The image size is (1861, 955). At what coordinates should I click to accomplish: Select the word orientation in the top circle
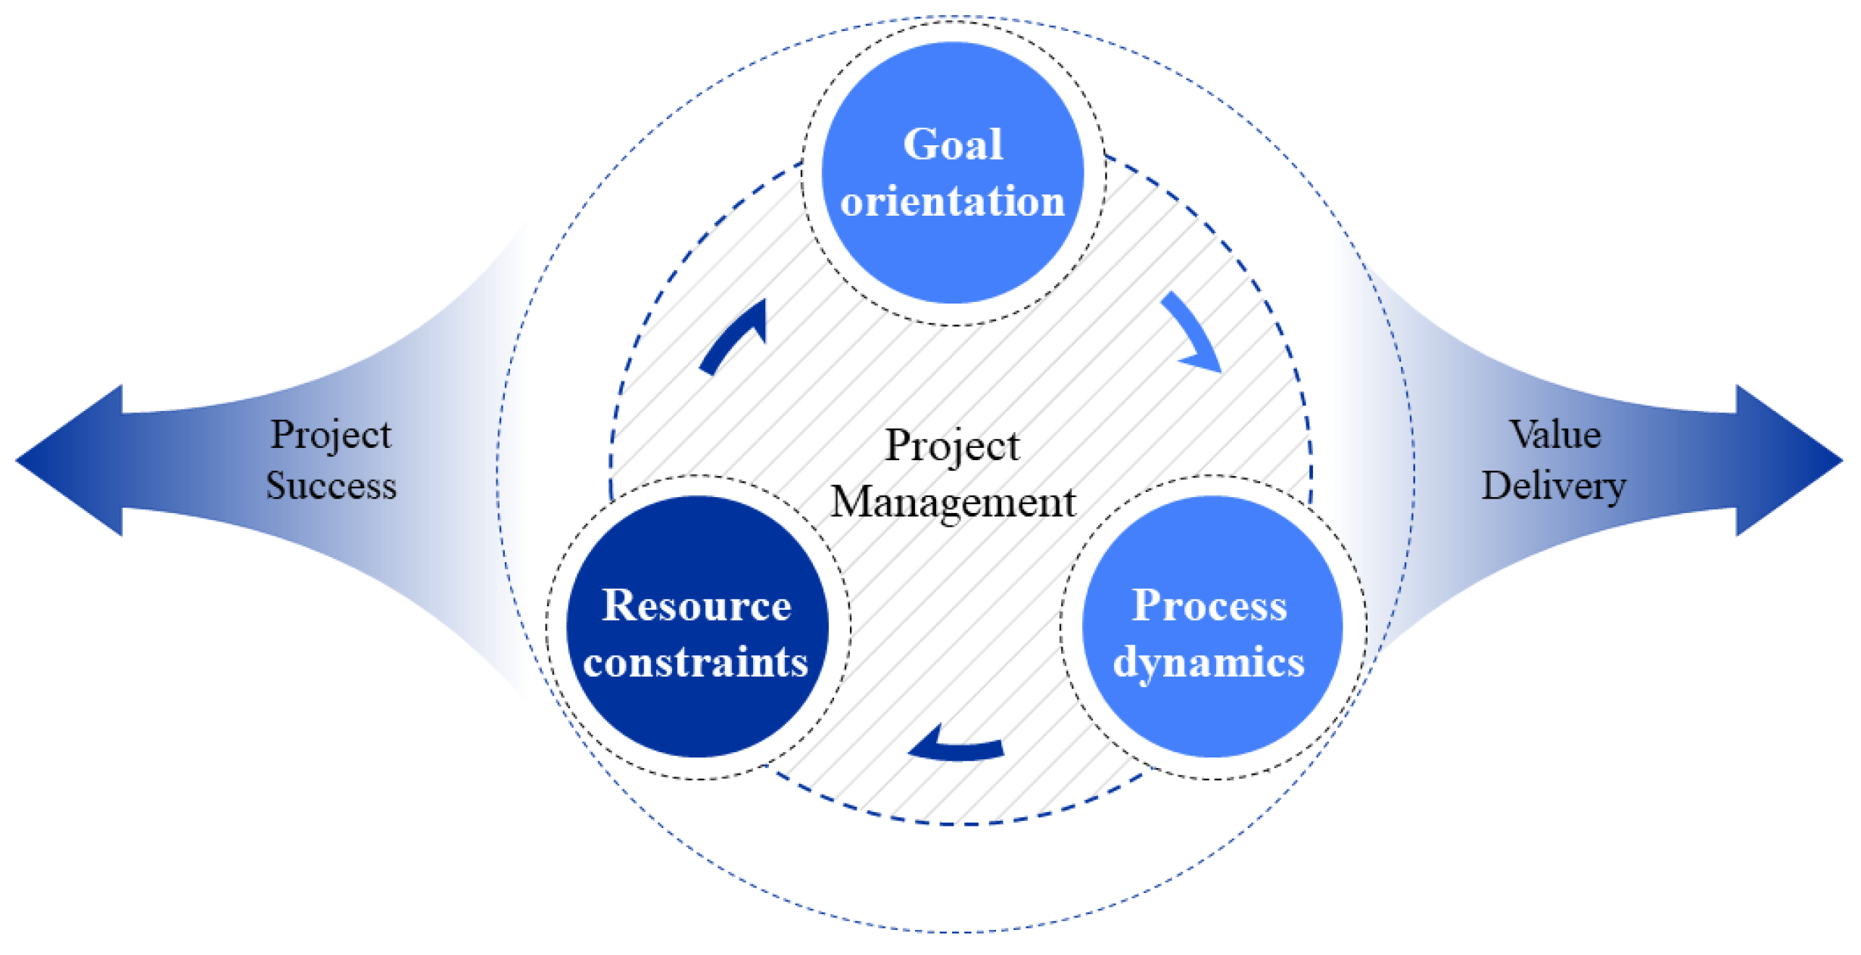(953, 201)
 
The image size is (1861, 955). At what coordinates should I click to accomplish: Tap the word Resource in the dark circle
(696, 605)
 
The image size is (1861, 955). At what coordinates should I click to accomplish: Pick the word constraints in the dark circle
(696, 663)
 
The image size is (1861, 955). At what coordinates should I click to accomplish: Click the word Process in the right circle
(1209, 605)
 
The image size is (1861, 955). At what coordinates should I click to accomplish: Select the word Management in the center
(953, 502)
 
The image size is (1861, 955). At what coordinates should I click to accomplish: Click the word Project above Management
(953, 445)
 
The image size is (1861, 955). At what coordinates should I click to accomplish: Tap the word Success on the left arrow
(331, 485)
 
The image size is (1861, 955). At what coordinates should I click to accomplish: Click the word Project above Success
(331, 434)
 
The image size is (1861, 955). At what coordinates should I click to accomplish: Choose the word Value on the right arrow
(1555, 434)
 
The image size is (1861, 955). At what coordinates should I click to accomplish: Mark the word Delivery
(1554, 485)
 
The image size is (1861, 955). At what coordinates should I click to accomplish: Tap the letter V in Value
(1521, 434)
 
